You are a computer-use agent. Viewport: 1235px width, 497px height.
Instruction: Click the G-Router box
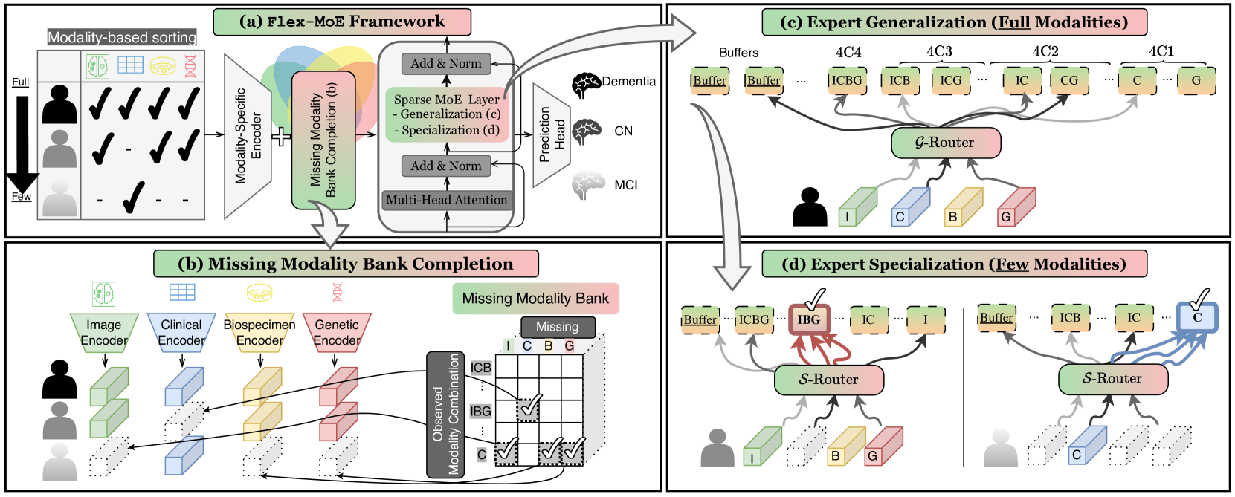945,143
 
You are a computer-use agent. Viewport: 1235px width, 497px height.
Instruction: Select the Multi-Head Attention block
446,200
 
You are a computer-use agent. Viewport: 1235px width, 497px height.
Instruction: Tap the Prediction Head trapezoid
551,135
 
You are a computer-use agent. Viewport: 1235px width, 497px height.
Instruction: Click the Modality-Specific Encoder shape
248,135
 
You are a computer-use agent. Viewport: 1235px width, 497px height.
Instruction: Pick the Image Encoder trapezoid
104,332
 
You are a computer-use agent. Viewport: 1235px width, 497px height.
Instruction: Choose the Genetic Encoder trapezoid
337,332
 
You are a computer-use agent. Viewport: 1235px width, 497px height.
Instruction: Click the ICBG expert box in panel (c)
847,81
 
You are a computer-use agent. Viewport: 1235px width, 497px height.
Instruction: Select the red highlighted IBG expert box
809,320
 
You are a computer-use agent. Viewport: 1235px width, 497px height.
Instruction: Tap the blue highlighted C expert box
1196,318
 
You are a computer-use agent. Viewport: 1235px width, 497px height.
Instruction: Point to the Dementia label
628,82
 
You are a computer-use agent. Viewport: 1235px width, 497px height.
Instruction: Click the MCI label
625,185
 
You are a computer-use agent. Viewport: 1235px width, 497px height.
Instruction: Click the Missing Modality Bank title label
535,299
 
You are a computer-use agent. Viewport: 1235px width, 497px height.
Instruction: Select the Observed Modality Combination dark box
445,414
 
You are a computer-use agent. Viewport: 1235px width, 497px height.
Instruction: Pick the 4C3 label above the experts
939,51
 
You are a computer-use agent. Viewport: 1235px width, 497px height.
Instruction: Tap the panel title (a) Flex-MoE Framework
342,22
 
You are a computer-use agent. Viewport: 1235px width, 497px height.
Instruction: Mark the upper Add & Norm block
446,64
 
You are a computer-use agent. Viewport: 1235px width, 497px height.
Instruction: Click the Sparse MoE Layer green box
447,114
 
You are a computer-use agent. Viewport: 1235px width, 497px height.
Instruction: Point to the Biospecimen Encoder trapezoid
259,332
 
